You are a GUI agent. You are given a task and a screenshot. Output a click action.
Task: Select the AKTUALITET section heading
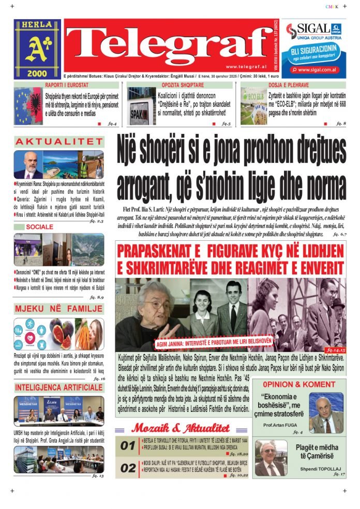(x=59, y=142)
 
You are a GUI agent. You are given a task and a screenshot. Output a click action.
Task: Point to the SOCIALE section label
(x=39, y=227)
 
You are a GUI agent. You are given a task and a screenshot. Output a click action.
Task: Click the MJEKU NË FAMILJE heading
(x=59, y=309)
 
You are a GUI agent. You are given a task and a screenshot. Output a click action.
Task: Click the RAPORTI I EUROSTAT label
(x=67, y=85)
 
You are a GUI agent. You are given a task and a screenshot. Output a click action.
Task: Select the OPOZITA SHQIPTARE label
(x=181, y=85)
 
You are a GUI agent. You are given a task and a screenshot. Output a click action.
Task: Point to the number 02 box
(x=128, y=468)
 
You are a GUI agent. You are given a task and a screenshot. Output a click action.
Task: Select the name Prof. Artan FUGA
(x=282, y=425)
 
